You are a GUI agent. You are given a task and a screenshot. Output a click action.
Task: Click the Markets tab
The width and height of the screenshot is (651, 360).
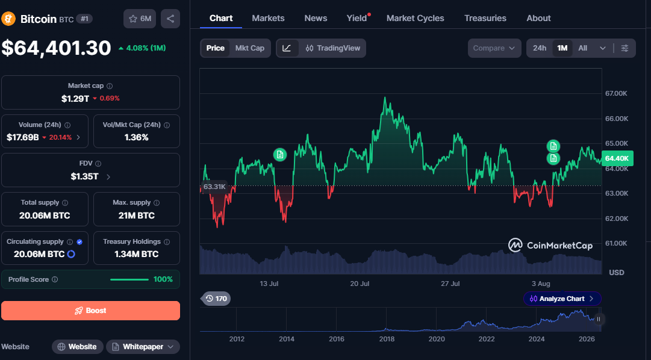(268, 18)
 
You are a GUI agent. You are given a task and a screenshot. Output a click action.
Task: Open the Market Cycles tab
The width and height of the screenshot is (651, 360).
(415, 18)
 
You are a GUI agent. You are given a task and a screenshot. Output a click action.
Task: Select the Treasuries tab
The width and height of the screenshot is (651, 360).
(485, 18)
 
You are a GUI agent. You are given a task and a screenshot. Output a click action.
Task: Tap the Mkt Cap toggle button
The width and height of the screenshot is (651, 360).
(249, 48)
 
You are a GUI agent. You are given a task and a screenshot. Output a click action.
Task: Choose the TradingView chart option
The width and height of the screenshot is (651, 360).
(332, 48)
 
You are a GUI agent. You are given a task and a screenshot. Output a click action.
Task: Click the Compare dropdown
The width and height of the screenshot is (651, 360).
(494, 48)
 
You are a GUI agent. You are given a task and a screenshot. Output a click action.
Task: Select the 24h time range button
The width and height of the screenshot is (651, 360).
(540, 48)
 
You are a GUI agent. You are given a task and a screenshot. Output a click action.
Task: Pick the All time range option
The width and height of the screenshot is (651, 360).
(583, 48)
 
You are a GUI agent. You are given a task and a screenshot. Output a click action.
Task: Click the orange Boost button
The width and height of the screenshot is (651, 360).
(90, 311)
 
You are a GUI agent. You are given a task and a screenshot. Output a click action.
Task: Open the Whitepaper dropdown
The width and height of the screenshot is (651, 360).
(143, 347)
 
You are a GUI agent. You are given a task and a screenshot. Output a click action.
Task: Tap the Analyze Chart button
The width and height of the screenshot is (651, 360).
(562, 299)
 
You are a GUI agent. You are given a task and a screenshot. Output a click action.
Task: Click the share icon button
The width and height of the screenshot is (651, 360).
(170, 19)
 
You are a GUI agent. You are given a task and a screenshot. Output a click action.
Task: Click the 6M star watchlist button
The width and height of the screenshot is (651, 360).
(140, 19)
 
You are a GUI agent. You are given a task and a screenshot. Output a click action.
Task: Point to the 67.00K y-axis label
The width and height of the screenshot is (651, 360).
(616, 93)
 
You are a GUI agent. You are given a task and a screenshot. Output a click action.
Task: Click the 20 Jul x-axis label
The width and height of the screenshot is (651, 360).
(360, 284)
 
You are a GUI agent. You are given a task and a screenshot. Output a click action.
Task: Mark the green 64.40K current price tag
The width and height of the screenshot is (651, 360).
(617, 158)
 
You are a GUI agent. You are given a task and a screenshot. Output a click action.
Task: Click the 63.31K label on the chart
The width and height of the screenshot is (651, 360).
(214, 187)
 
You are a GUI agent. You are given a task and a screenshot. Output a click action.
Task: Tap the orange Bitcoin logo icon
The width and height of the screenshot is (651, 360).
(8, 19)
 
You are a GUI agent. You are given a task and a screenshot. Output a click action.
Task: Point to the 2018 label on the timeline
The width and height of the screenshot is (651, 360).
(387, 339)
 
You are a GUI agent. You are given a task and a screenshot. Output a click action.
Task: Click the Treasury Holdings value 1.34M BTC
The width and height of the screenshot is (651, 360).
(137, 254)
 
